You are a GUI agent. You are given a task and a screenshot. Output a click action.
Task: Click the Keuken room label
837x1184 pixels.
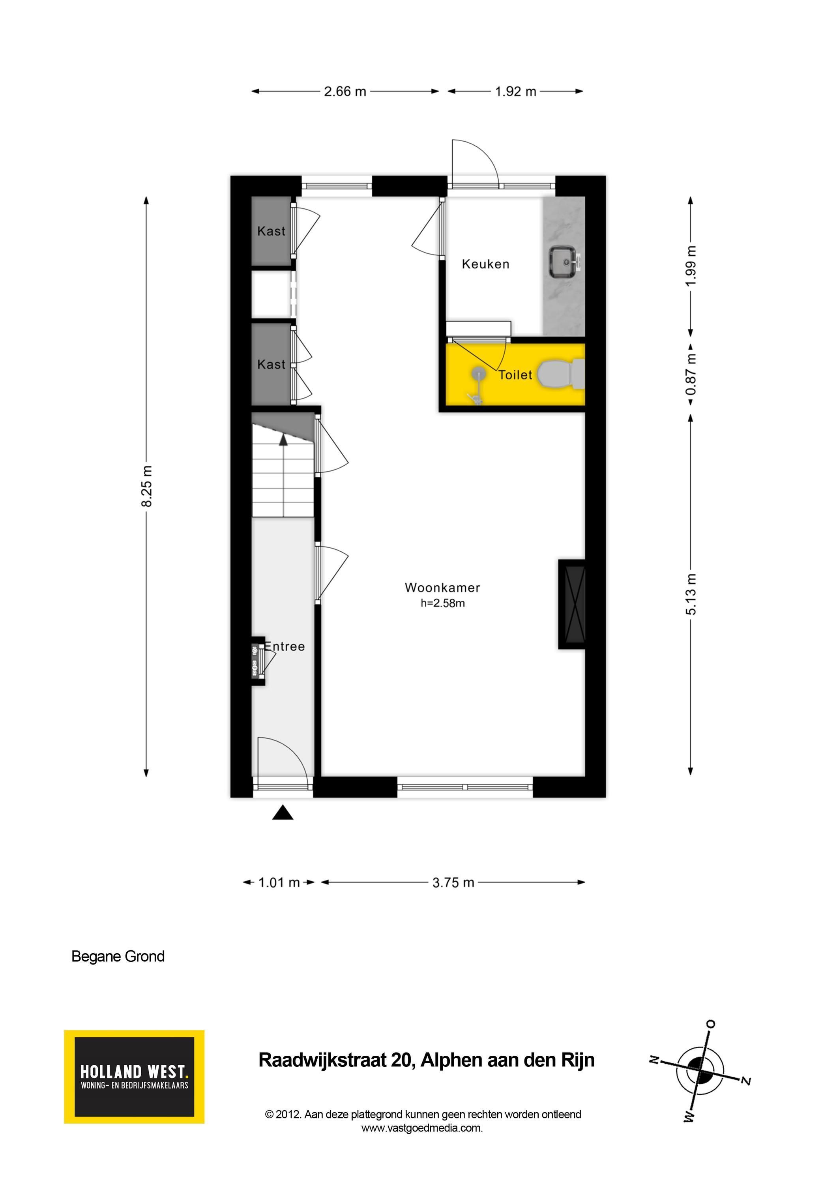(x=485, y=264)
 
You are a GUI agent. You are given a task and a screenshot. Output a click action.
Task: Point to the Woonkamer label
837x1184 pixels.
(x=442, y=587)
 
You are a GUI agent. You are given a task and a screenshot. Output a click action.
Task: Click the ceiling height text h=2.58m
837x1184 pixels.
(x=442, y=603)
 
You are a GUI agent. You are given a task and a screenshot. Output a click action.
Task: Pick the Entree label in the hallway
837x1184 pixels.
(x=284, y=646)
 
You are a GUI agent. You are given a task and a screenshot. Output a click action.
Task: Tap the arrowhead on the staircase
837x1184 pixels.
(x=283, y=439)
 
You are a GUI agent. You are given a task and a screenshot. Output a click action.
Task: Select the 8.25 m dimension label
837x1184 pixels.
(x=146, y=486)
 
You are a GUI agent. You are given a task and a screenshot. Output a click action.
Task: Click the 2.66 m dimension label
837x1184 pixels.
(x=345, y=91)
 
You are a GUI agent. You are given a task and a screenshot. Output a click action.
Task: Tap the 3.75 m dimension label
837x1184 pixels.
(x=453, y=882)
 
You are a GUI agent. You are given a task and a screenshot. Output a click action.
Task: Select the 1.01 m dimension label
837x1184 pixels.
(x=279, y=882)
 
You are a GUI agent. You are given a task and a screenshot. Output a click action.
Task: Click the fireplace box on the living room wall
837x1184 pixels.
(x=572, y=604)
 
